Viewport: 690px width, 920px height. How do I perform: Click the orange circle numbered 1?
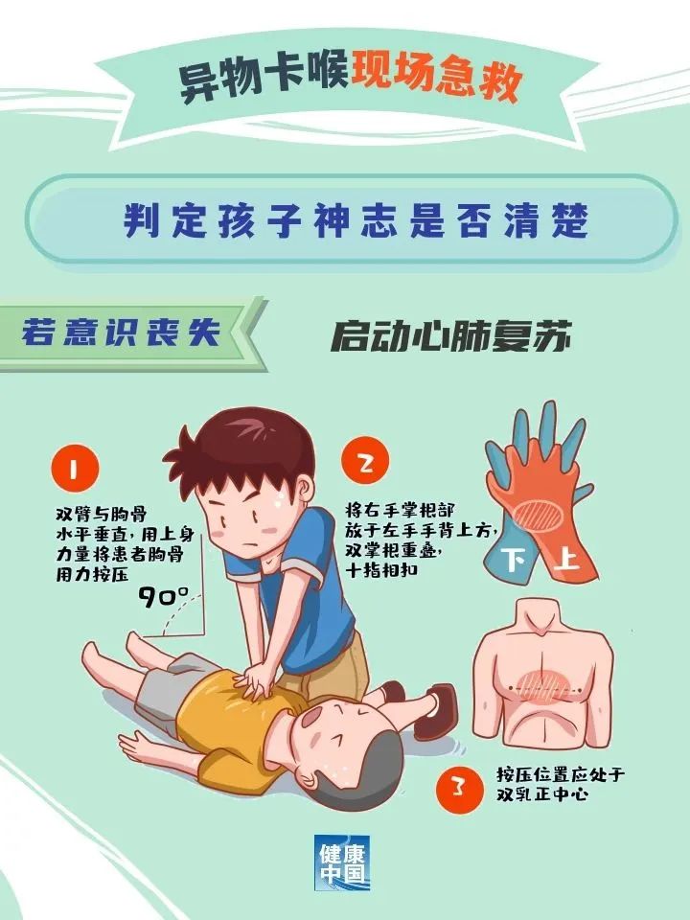75,469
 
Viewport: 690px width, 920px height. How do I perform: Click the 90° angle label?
164,596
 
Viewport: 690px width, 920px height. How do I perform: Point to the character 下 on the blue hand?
515,560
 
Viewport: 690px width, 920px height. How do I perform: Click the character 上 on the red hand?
565,558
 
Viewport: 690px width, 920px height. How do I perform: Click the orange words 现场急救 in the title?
437,79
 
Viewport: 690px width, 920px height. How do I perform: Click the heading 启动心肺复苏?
451,336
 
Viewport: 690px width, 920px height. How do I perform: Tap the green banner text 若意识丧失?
121,333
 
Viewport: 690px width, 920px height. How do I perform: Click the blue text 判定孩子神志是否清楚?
356,220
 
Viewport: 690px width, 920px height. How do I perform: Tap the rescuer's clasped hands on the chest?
255,680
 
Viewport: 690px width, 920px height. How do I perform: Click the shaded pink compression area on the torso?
542,684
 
